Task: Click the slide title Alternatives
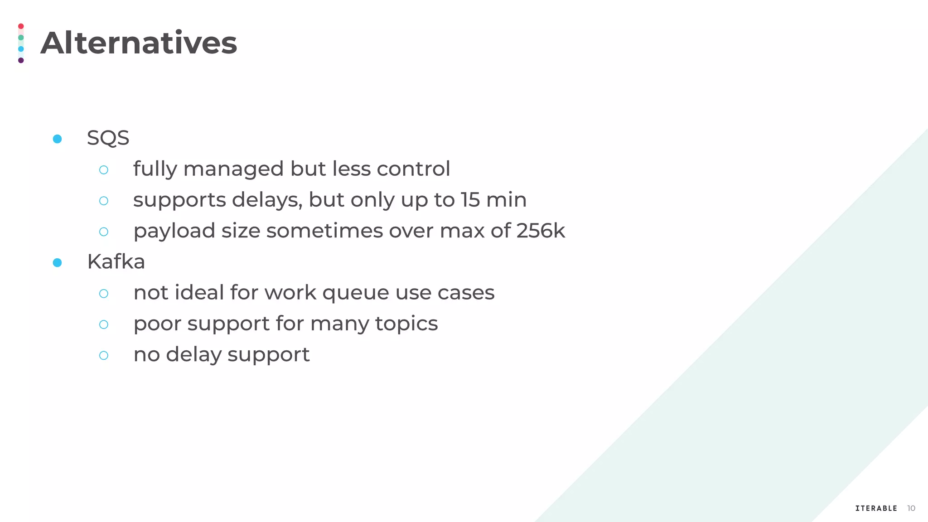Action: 139,43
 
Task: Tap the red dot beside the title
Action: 21,26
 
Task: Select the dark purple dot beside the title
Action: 21,60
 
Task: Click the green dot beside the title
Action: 21,38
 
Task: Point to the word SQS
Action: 108,138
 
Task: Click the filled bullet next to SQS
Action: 57,139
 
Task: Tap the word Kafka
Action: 116,262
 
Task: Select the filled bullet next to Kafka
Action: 57,263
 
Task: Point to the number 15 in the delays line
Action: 470,200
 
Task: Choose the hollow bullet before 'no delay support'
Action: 104,355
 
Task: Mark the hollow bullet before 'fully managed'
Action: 104,170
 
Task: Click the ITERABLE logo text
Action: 876,508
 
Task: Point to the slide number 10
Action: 911,508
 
